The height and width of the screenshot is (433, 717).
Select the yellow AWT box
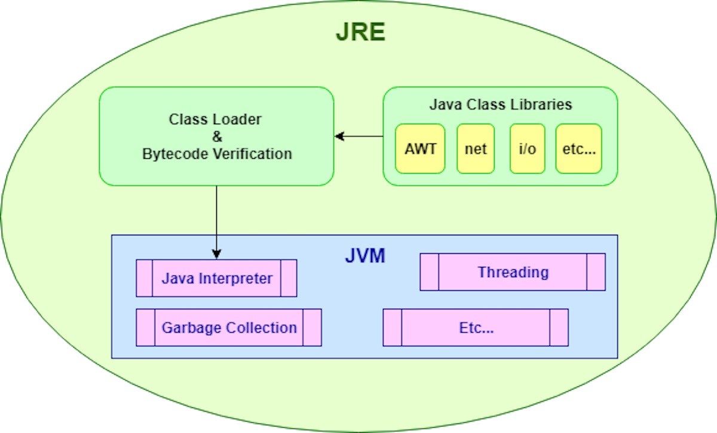(x=420, y=149)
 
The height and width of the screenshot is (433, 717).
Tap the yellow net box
(x=476, y=149)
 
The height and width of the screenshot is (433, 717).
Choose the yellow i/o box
(x=527, y=149)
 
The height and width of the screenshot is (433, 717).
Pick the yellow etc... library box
(x=578, y=149)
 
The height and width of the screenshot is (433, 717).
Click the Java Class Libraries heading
(x=500, y=105)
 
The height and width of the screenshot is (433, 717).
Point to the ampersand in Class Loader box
(x=216, y=136)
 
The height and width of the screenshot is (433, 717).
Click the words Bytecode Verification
(x=217, y=153)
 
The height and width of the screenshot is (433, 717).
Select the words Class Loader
(x=215, y=119)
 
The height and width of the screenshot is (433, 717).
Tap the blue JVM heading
(x=365, y=256)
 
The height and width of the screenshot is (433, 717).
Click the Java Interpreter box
(x=216, y=278)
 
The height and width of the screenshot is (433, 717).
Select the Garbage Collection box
(x=229, y=327)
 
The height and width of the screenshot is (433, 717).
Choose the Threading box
(x=513, y=272)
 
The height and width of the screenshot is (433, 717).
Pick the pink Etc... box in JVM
(x=476, y=327)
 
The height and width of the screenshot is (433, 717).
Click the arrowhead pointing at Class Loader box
(x=339, y=137)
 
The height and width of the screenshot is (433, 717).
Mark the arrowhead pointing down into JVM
(x=216, y=254)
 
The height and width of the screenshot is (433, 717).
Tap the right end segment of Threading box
(x=596, y=272)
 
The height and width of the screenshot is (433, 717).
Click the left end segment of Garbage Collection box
(x=145, y=327)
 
